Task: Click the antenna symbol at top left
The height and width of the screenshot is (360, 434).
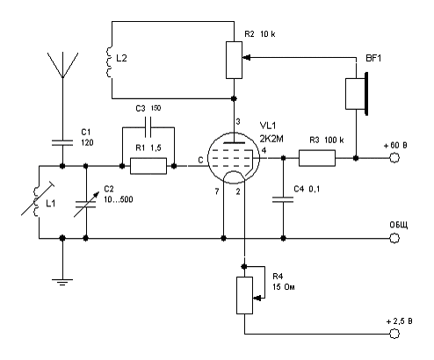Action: tap(62, 66)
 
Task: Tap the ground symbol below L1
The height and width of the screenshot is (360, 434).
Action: tap(62, 282)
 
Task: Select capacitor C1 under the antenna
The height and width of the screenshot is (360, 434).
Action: tap(62, 142)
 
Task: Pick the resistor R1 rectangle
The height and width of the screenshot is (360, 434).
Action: tap(148, 166)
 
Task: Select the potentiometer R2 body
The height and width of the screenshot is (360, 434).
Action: tap(234, 60)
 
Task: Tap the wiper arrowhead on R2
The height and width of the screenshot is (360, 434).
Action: tap(247, 58)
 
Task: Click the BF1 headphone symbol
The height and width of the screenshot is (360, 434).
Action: tap(357, 94)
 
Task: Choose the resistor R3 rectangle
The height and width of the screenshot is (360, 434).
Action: tap(317, 158)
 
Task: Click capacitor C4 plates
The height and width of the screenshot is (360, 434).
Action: tap(283, 199)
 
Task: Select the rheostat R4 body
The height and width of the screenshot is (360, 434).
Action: tap(244, 295)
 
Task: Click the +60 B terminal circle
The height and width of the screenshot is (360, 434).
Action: tap(394, 158)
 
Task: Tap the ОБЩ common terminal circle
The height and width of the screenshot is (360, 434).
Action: tap(394, 238)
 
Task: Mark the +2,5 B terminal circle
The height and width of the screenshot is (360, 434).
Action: tap(394, 334)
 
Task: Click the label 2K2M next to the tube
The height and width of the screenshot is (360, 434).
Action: tap(271, 138)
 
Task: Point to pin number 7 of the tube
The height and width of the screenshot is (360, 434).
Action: tap(217, 191)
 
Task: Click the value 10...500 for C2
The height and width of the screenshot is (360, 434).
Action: tap(119, 199)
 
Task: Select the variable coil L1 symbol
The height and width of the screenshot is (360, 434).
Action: tap(36, 202)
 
